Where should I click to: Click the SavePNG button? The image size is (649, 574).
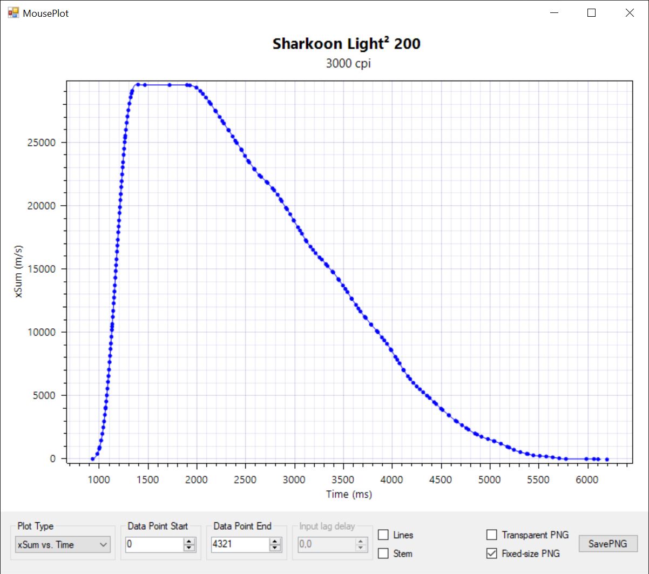(608, 544)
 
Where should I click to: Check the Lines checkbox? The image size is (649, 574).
(383, 535)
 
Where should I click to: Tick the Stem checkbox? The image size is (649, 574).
(383, 553)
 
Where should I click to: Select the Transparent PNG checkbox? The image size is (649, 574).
(492, 535)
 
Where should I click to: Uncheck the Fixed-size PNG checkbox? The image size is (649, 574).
(492, 553)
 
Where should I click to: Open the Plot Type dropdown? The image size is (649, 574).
(63, 545)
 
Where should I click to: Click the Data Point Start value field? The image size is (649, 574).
(154, 544)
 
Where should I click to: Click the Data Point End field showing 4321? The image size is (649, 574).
(240, 544)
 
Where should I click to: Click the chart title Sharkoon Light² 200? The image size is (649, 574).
(347, 44)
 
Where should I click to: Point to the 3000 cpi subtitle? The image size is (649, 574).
(348, 64)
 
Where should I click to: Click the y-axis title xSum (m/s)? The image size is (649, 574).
(19, 270)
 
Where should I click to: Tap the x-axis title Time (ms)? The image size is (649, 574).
(349, 494)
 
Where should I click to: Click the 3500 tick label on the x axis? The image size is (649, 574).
(343, 480)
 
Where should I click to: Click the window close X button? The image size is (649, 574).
(630, 13)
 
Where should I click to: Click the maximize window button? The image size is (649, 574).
(591, 13)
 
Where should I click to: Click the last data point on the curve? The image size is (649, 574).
(607, 460)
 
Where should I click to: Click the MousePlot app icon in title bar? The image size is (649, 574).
(13, 12)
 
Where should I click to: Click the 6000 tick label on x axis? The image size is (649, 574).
(587, 480)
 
